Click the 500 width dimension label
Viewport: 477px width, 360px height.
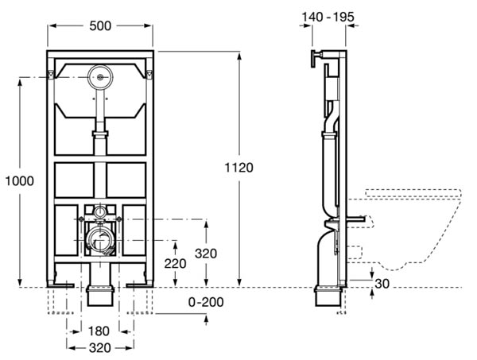pyautogui.click(x=100, y=26)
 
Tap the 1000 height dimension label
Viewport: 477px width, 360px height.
pyautogui.click(x=20, y=181)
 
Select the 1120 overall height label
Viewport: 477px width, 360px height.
pyautogui.click(x=238, y=168)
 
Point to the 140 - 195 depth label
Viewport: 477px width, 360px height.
pyautogui.click(x=328, y=17)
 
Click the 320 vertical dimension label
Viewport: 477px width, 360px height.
pyautogui.click(x=206, y=254)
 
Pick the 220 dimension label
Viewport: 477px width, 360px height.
pyautogui.click(x=175, y=264)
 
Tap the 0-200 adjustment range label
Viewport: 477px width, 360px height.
pyautogui.click(x=206, y=302)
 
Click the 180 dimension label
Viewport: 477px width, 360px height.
pyautogui.click(x=99, y=331)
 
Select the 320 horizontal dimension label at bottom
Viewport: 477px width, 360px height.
pyautogui.click(x=100, y=348)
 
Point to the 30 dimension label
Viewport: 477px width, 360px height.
pyautogui.click(x=382, y=284)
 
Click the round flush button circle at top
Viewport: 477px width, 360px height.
pyautogui.click(x=100, y=77)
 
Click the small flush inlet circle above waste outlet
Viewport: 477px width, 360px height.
pyautogui.click(x=100, y=211)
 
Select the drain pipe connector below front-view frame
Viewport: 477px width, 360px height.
pyautogui.click(x=100, y=295)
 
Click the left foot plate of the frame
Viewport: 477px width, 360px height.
pyautogui.click(x=60, y=285)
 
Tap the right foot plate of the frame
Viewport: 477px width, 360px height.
pyautogui.click(x=140, y=285)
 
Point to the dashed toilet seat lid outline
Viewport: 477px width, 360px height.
pyautogui.click(x=413, y=193)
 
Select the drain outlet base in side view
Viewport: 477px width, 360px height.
pyautogui.click(x=328, y=296)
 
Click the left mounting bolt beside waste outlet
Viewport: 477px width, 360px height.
pyautogui.click(x=81, y=219)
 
